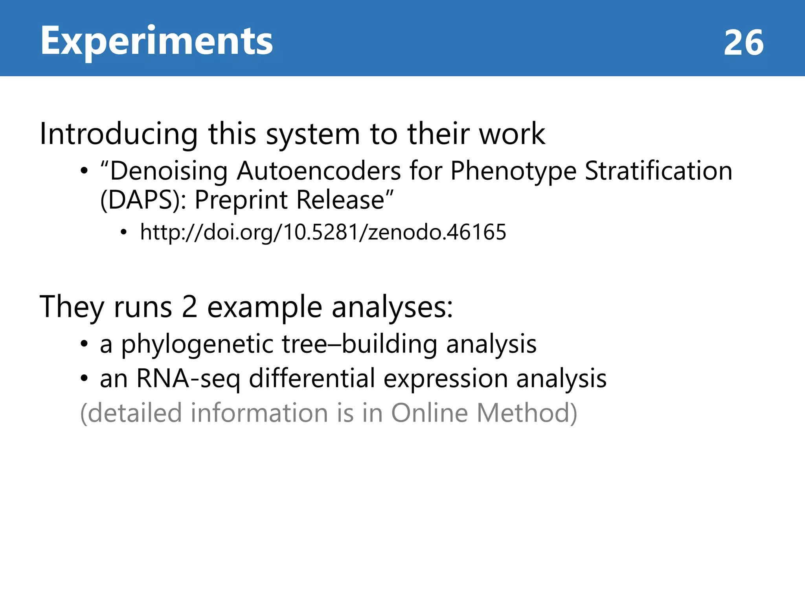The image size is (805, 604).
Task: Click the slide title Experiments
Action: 156,41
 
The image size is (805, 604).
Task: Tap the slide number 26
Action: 743,42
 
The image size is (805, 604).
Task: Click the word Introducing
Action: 118,134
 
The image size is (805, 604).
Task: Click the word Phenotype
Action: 513,172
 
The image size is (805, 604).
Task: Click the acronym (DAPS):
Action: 143,200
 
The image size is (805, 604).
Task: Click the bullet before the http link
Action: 124,232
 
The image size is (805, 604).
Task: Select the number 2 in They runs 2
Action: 189,307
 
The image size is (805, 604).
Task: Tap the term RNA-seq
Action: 188,379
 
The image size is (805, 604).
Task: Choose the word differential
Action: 312,378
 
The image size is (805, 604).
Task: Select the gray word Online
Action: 429,413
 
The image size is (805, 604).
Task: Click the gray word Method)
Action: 527,413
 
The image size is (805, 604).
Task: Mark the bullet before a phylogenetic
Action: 84,344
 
